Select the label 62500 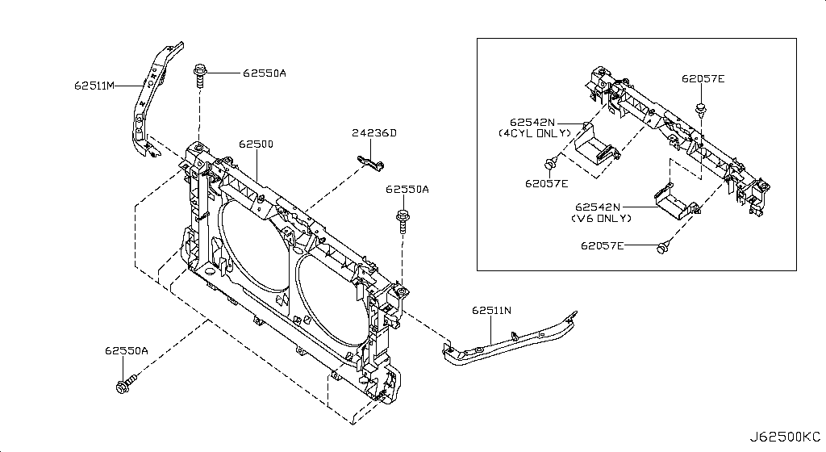tap(256, 144)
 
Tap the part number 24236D tap(374, 133)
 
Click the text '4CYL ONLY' tap(534, 132)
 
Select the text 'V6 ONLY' tap(603, 218)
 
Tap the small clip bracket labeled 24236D tap(369, 164)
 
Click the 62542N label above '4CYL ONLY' tap(532, 121)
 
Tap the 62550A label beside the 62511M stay tap(264, 73)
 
